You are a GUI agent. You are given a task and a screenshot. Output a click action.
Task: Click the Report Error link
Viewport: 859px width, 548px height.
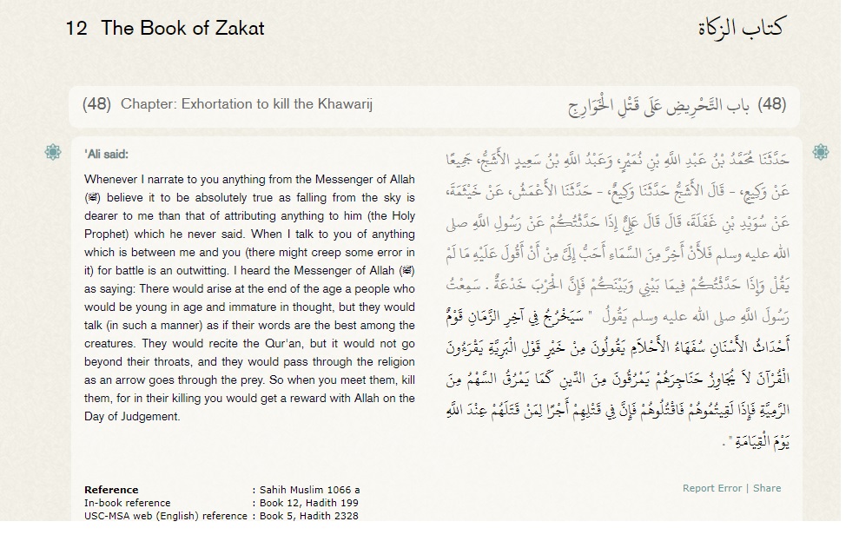click(x=711, y=488)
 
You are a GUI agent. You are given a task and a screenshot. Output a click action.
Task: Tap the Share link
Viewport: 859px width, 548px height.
click(x=767, y=488)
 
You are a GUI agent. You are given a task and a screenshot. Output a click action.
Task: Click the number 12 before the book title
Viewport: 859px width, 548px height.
click(x=76, y=28)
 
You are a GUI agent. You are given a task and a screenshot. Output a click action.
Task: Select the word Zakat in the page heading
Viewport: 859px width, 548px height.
click(x=239, y=28)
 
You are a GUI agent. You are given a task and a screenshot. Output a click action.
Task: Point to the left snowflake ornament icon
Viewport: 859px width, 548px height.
click(x=53, y=153)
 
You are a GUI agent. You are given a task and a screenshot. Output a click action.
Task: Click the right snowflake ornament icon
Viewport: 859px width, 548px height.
click(x=820, y=153)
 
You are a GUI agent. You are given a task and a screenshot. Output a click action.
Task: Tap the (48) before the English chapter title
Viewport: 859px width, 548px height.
click(x=96, y=104)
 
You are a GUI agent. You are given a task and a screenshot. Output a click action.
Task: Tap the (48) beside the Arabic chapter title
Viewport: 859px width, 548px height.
click(x=771, y=104)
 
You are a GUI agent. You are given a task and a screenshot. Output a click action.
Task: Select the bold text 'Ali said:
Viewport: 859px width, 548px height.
click(x=106, y=155)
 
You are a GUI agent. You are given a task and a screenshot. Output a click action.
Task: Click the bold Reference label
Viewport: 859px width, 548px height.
click(x=111, y=490)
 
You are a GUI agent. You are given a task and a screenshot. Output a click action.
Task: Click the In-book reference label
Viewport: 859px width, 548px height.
click(x=128, y=503)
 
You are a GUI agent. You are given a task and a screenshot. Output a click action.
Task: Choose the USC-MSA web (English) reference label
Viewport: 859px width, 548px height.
click(x=165, y=516)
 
